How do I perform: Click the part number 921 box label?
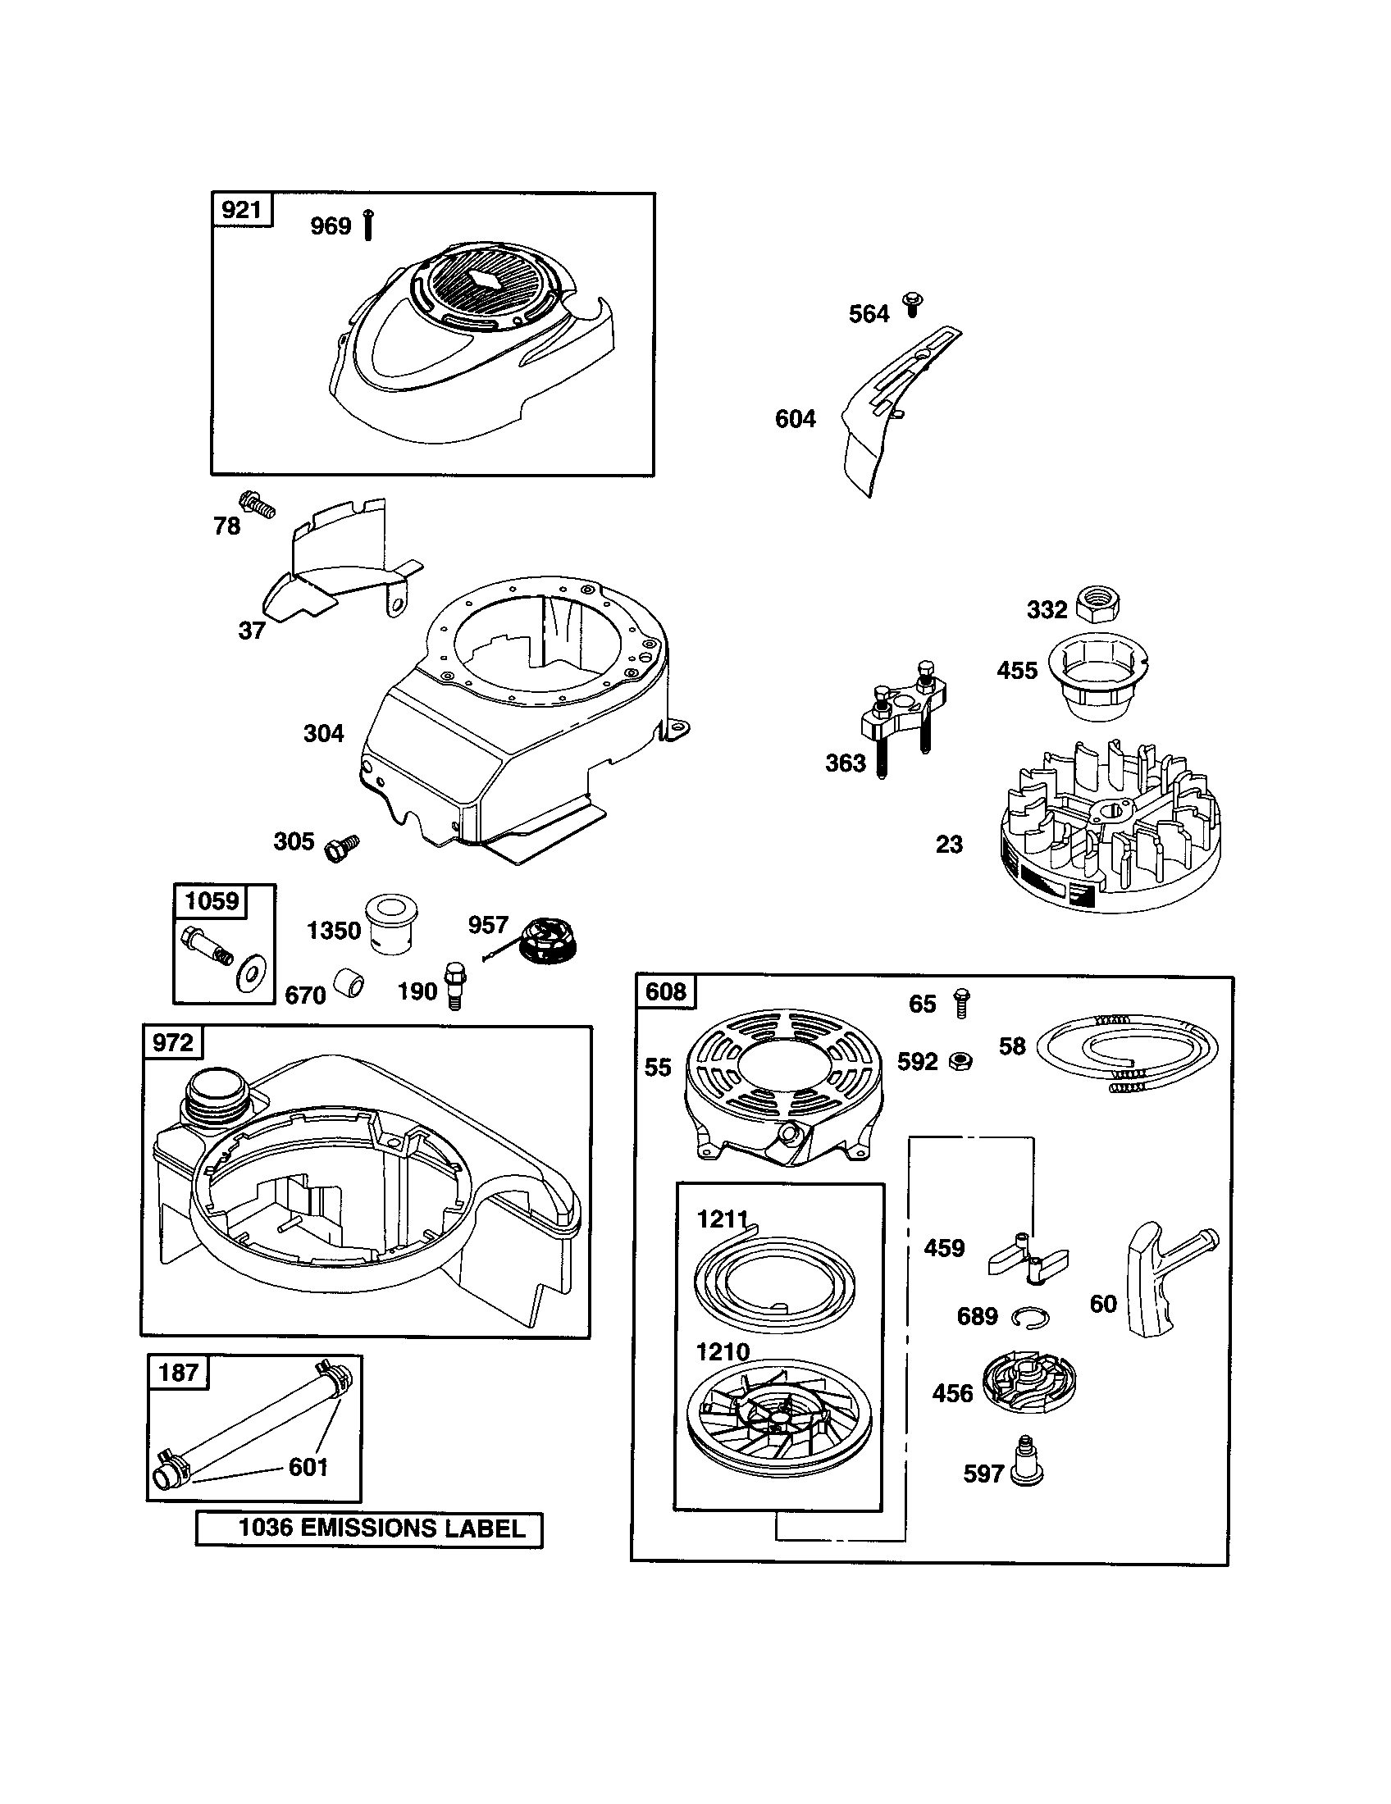coord(242,210)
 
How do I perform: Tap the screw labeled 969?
coord(368,225)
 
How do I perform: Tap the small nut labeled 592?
coord(960,1061)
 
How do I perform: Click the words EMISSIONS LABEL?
coord(413,1528)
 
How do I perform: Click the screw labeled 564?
coord(913,304)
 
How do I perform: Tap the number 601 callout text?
coord(308,1467)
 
